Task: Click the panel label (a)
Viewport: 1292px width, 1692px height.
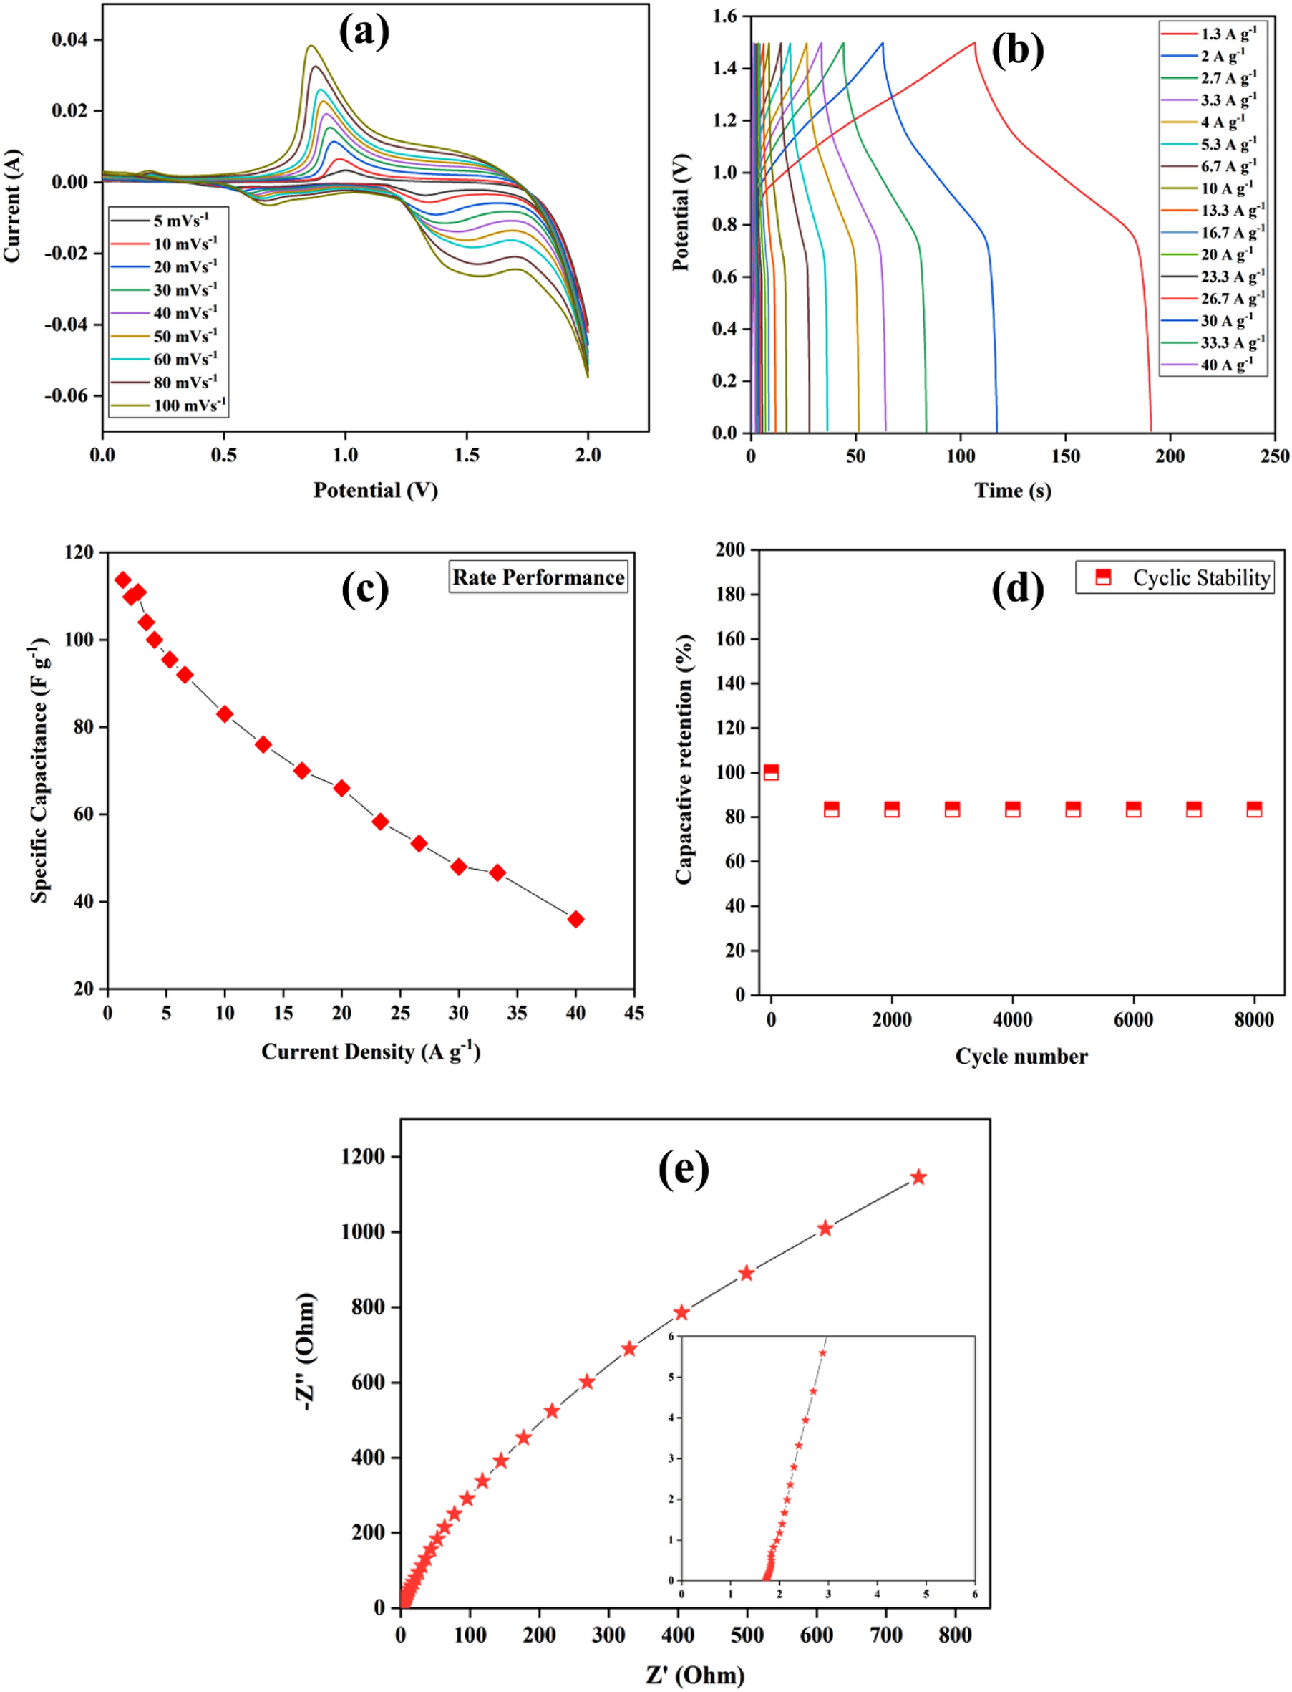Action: (364, 32)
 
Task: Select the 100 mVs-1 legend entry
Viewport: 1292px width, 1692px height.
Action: (189, 405)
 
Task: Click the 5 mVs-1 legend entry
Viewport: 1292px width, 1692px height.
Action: (180, 221)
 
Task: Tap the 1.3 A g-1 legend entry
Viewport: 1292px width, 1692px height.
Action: (1228, 34)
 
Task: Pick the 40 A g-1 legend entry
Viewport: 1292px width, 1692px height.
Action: (1227, 365)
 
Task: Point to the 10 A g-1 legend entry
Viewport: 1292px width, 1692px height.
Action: (1227, 188)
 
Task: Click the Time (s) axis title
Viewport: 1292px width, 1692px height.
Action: (1012, 490)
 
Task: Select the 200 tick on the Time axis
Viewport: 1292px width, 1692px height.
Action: (1170, 456)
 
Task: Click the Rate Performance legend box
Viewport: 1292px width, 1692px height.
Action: (538, 577)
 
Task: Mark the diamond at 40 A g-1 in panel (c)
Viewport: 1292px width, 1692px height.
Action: (575, 919)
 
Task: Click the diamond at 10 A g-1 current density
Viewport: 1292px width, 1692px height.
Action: (225, 714)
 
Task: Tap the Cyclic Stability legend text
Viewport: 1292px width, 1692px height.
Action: (1200, 578)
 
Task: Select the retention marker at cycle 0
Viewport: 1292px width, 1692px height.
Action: (771, 772)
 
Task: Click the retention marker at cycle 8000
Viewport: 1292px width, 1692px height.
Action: (1253, 809)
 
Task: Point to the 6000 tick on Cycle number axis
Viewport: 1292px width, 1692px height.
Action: (1133, 1019)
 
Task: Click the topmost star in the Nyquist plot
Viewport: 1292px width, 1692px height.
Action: (918, 1177)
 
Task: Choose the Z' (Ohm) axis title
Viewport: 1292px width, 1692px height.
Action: (694, 1674)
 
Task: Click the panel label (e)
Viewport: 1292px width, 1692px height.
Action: (683, 1170)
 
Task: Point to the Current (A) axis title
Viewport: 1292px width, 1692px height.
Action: (13, 206)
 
